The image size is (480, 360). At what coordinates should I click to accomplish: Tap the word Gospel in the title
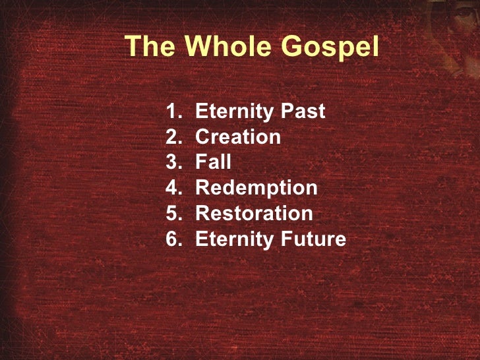(330, 47)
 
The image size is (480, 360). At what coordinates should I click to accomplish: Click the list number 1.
(173, 111)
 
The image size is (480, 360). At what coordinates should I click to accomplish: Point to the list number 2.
(173, 137)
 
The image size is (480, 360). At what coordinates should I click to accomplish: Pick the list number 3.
(173, 162)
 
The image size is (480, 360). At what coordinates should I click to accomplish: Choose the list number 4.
(173, 188)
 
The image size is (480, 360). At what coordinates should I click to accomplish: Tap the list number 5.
(173, 214)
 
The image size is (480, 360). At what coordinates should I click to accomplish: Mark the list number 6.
(173, 239)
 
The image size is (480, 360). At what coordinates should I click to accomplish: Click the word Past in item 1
(303, 111)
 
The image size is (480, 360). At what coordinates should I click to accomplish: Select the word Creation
(238, 137)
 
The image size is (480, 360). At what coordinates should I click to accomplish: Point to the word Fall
(214, 162)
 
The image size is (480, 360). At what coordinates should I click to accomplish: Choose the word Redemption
(256, 189)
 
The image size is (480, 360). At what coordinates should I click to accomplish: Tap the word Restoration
(254, 214)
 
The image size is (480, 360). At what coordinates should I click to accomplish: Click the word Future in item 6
(313, 239)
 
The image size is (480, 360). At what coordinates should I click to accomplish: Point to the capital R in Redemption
(202, 188)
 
